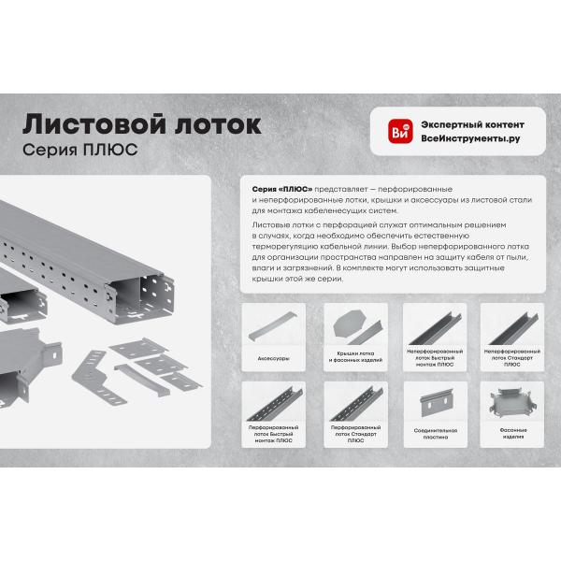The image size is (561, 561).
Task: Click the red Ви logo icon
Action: tap(400, 131)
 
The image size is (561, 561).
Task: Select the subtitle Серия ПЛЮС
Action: tap(79, 150)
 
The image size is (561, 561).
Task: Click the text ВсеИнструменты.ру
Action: tap(470, 138)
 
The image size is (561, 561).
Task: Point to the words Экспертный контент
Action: tap(472, 125)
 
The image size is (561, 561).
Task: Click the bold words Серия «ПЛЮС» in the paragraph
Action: tap(282, 189)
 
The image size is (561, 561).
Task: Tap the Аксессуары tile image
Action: tap(273, 325)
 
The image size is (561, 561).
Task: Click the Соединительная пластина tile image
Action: tap(435, 402)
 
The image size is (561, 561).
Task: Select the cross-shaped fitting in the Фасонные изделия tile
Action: tap(512, 402)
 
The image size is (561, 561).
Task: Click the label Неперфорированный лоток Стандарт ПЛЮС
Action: tap(512, 358)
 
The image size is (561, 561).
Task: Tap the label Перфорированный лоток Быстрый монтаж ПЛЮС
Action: tap(273, 434)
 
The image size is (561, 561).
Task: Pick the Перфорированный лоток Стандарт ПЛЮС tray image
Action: tap(356, 404)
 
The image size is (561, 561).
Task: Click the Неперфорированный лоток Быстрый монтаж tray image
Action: tap(435, 329)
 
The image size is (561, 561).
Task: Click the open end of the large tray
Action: tap(141, 299)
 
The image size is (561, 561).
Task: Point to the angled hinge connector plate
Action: tap(97, 378)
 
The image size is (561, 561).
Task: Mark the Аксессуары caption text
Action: tap(273, 358)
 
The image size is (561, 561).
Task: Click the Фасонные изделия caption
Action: tap(513, 433)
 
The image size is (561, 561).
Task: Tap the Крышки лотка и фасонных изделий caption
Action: tap(355, 357)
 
